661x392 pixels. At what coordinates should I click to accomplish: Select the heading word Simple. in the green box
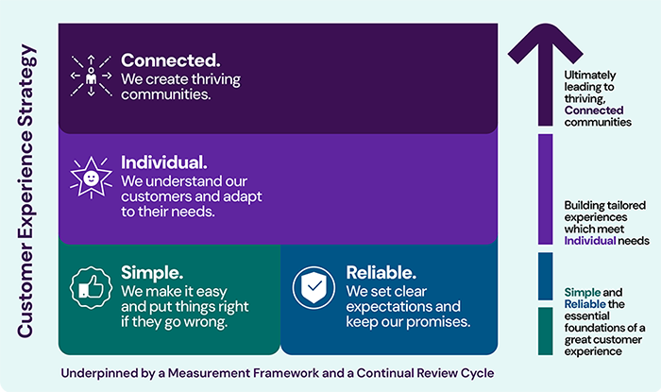click(152, 273)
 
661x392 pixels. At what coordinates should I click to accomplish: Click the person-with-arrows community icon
click(92, 76)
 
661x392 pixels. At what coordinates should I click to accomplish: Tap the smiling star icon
click(92, 177)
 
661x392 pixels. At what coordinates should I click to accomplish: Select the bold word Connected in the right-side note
click(594, 110)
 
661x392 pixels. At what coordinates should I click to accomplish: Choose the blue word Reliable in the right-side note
click(585, 303)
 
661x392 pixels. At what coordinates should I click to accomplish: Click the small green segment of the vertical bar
click(545, 331)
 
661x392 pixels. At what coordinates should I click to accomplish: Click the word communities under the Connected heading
click(166, 94)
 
